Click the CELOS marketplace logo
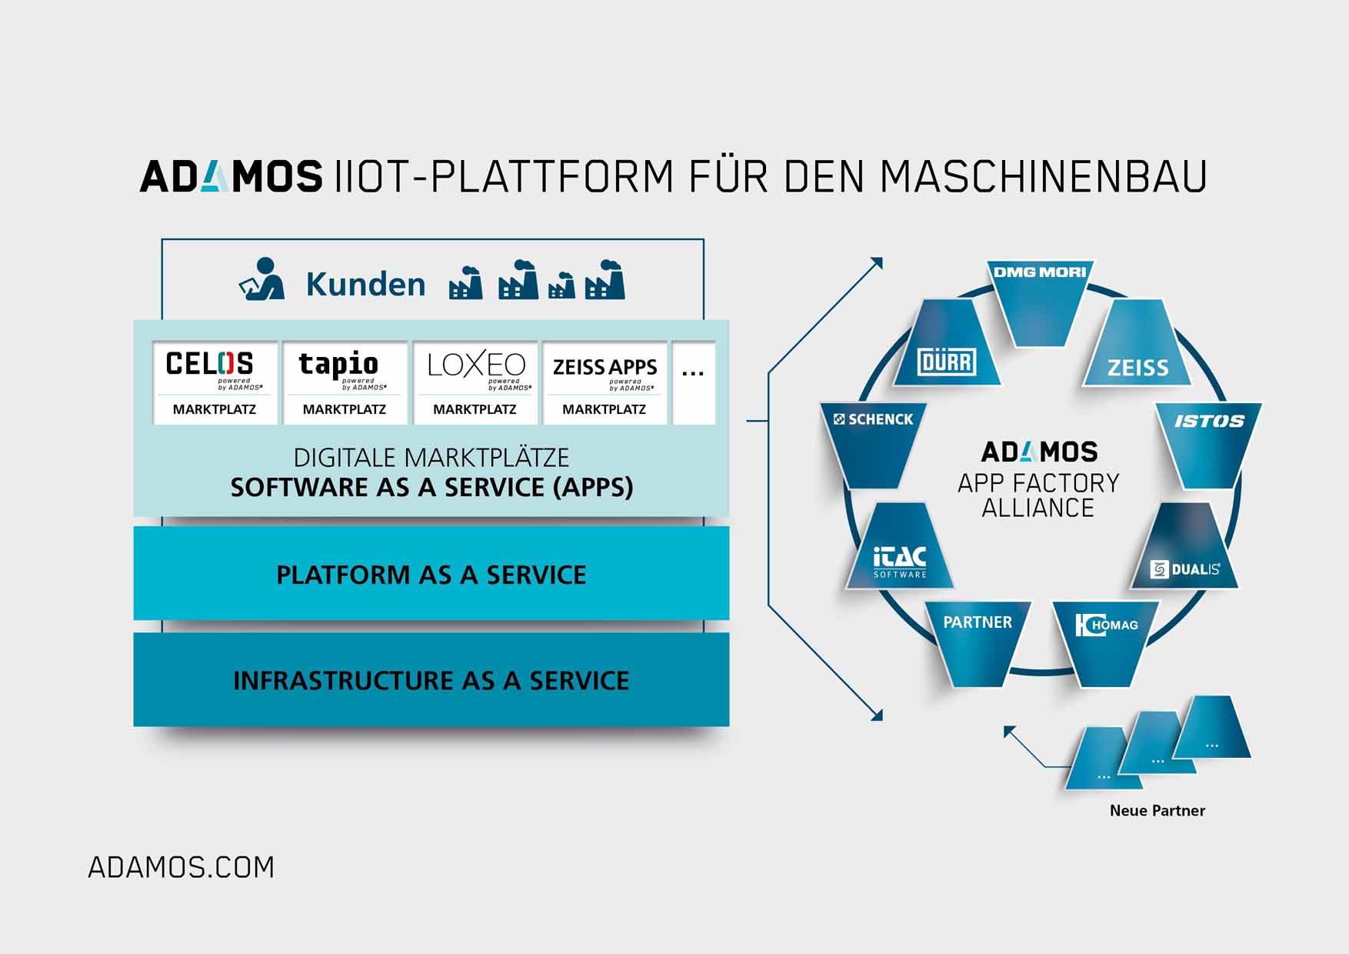coord(209,364)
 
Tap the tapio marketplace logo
coord(338,365)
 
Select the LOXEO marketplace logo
coord(476,365)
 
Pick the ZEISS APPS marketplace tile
coord(605,382)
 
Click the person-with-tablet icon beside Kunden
coord(261,279)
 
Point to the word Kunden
coord(365,284)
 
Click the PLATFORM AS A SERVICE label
coord(431,575)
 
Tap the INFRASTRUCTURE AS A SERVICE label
coord(431,680)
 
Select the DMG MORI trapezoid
coord(1040,300)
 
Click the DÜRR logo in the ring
coord(947,362)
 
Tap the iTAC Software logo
coord(900,561)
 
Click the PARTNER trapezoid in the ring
coord(978,639)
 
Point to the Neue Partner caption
coord(1157,810)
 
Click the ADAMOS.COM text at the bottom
coord(181,868)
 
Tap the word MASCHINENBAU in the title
coord(1043,176)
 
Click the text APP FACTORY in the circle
coord(1038,483)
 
